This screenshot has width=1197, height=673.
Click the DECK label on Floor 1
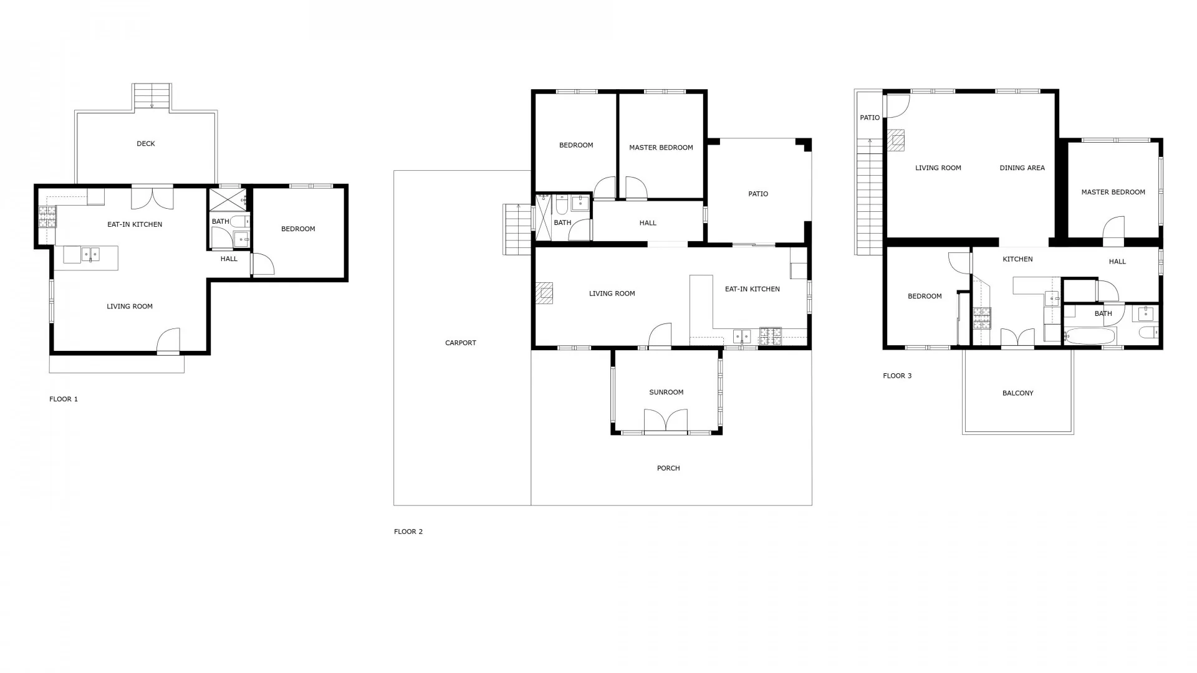[146, 144]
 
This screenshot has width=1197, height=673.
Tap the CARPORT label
[461, 343]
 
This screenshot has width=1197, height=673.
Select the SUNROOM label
[666, 392]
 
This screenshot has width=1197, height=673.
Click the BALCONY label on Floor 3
[1018, 393]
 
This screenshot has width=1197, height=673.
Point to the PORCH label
[668, 468]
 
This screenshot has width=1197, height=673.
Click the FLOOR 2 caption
[408, 532]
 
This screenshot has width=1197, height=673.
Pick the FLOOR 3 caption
[897, 376]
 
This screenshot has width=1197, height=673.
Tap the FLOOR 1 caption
[64, 399]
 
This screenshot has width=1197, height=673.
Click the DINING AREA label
[1022, 168]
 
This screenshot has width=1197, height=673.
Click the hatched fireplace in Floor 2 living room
[544, 293]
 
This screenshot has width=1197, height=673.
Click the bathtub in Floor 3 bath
[1089, 336]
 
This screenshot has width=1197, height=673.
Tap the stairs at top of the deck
[152, 97]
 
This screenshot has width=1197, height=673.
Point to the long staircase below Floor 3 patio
[870, 196]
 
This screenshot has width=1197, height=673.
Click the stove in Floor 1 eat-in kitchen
[47, 217]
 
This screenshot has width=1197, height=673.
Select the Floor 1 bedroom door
[262, 264]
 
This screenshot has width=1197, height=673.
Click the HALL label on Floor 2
[648, 222]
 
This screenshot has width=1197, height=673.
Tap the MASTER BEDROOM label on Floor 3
[1113, 192]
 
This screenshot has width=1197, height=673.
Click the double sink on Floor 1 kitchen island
[90, 254]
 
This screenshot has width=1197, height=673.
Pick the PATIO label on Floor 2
[758, 194]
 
